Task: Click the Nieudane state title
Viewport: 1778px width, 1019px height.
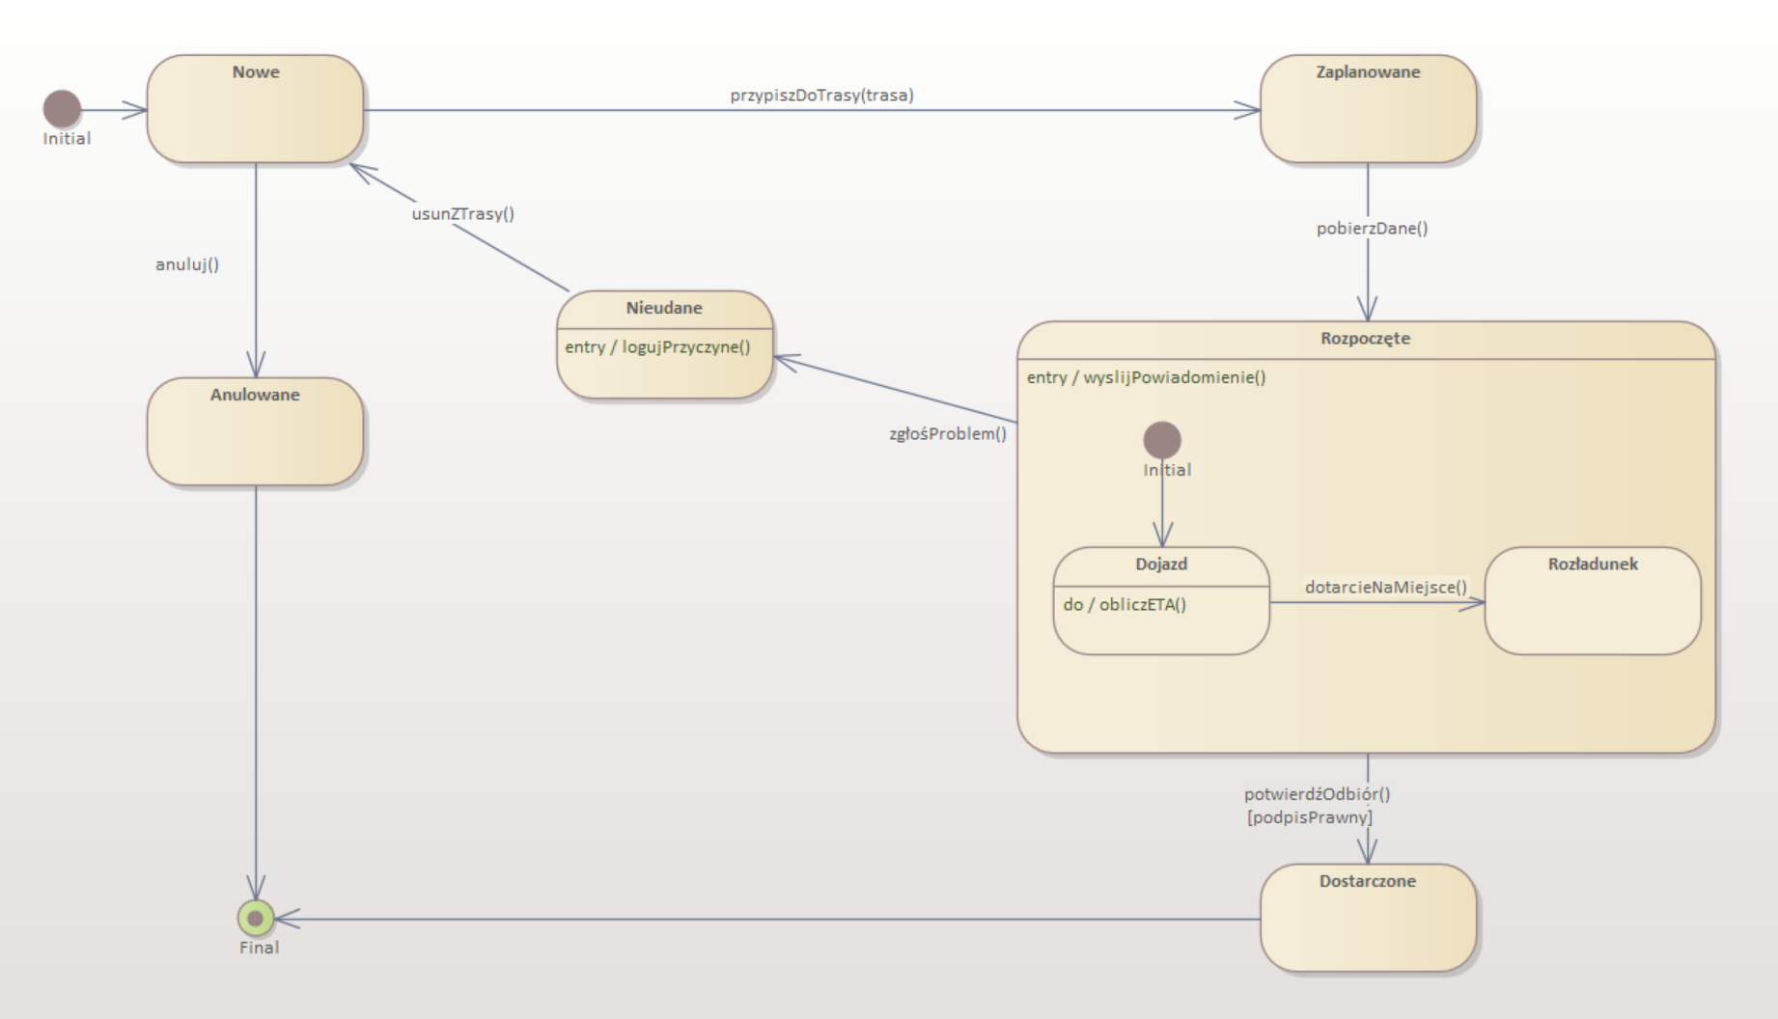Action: tap(664, 308)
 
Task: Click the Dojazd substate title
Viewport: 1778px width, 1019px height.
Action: tap(1161, 565)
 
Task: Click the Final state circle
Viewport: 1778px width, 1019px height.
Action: tap(256, 918)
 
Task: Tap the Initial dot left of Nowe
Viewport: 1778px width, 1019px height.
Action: tap(63, 109)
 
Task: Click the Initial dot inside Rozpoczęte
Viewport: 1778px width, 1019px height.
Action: tap(1162, 440)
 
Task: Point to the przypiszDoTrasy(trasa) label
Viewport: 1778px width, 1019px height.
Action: tap(821, 96)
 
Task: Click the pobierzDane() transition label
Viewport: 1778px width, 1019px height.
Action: tap(1372, 229)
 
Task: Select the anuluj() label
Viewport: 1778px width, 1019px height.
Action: tap(187, 264)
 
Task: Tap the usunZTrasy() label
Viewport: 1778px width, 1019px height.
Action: tap(463, 214)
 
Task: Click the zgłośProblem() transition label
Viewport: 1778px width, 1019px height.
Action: tap(948, 434)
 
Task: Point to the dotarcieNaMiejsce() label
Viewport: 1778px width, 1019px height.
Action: tap(1385, 587)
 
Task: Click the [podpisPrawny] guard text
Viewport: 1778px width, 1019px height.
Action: tap(1310, 817)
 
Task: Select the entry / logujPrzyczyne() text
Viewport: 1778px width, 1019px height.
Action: tap(657, 347)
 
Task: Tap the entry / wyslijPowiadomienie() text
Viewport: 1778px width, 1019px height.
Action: tap(1146, 377)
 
